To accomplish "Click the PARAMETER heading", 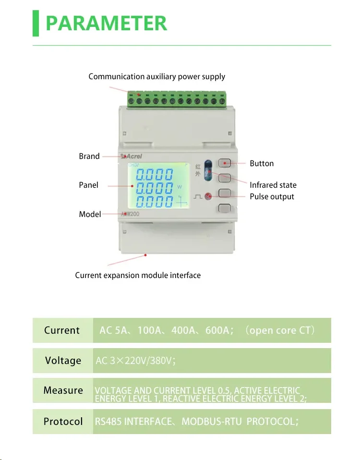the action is pos(106,23).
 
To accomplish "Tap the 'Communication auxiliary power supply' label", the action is pos(156,77).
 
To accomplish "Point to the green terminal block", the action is pos(176,99).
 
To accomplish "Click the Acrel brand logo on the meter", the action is pos(131,156).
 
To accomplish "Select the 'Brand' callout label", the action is pos(89,156).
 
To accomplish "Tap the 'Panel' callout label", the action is pos(88,185).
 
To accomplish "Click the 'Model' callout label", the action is pos(90,214).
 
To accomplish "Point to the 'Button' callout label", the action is pos(262,164).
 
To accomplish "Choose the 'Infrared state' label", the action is pos(273,185).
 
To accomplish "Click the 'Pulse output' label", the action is pos(272,196).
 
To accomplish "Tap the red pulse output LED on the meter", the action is pos(208,196).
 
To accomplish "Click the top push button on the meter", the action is pos(225,163).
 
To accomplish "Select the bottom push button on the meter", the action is pos(225,208).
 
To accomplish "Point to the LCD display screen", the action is pos(157,185).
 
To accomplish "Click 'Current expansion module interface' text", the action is pos(138,275).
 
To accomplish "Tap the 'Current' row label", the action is pos(62,330).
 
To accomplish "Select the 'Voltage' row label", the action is pos(63,361).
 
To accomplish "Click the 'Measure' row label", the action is pos(63,390).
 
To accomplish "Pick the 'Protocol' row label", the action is pos(63,422).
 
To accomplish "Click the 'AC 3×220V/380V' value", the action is pos(136,361).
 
